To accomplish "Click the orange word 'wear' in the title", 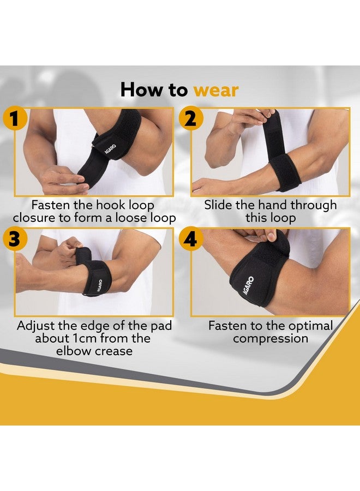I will [x=215, y=89].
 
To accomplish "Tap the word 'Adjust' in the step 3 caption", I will [x=37, y=326].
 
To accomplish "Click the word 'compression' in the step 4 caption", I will [x=271, y=339].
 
